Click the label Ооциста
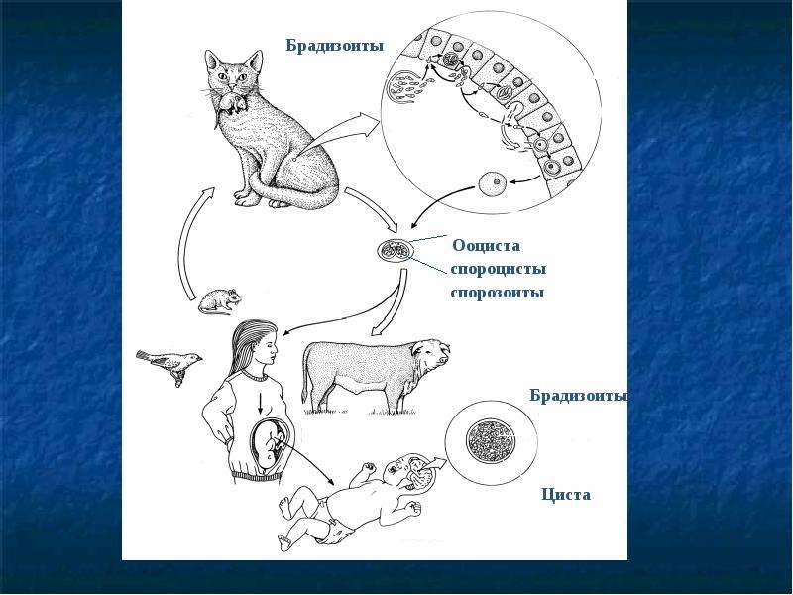tap(486, 246)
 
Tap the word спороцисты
tap(499, 269)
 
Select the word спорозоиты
tap(498, 293)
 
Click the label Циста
tap(566, 494)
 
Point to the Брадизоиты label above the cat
tap(335, 46)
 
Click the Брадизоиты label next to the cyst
tap(579, 396)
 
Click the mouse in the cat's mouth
tap(231, 103)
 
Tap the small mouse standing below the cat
tap(219, 301)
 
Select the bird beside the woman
tap(170, 364)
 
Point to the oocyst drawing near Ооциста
tap(395, 250)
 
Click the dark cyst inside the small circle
tap(490, 440)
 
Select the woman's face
tap(267, 348)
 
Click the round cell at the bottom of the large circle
tap(492, 182)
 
